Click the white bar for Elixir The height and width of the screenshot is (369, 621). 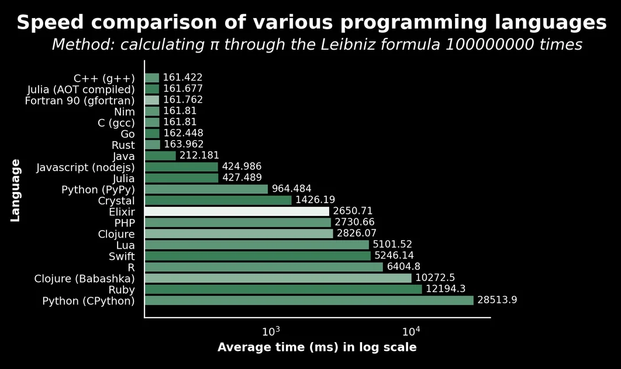click(237, 211)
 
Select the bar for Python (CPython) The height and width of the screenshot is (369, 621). click(309, 301)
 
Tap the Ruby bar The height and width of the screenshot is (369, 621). click(284, 290)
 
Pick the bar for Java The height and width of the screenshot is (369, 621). click(160, 156)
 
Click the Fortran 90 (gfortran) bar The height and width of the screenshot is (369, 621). click(152, 100)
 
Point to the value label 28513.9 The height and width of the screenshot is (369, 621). click(497, 300)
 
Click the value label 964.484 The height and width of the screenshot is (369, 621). click(291, 189)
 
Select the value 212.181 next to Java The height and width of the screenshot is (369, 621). click(199, 155)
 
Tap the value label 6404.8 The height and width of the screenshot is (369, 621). click(403, 267)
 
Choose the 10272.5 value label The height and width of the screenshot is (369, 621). click(435, 278)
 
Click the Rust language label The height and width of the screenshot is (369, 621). click(123, 145)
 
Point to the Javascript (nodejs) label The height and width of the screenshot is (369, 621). click(85, 168)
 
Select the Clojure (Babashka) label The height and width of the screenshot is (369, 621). click(84, 279)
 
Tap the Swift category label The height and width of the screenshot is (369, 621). click(122, 257)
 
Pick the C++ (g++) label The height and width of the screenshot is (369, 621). click(104, 79)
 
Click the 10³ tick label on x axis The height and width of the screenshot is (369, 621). click(271, 332)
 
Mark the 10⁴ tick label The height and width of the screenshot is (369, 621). click(412, 332)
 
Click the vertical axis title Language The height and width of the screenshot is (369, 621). click(15, 190)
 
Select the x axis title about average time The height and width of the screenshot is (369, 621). click(317, 347)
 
